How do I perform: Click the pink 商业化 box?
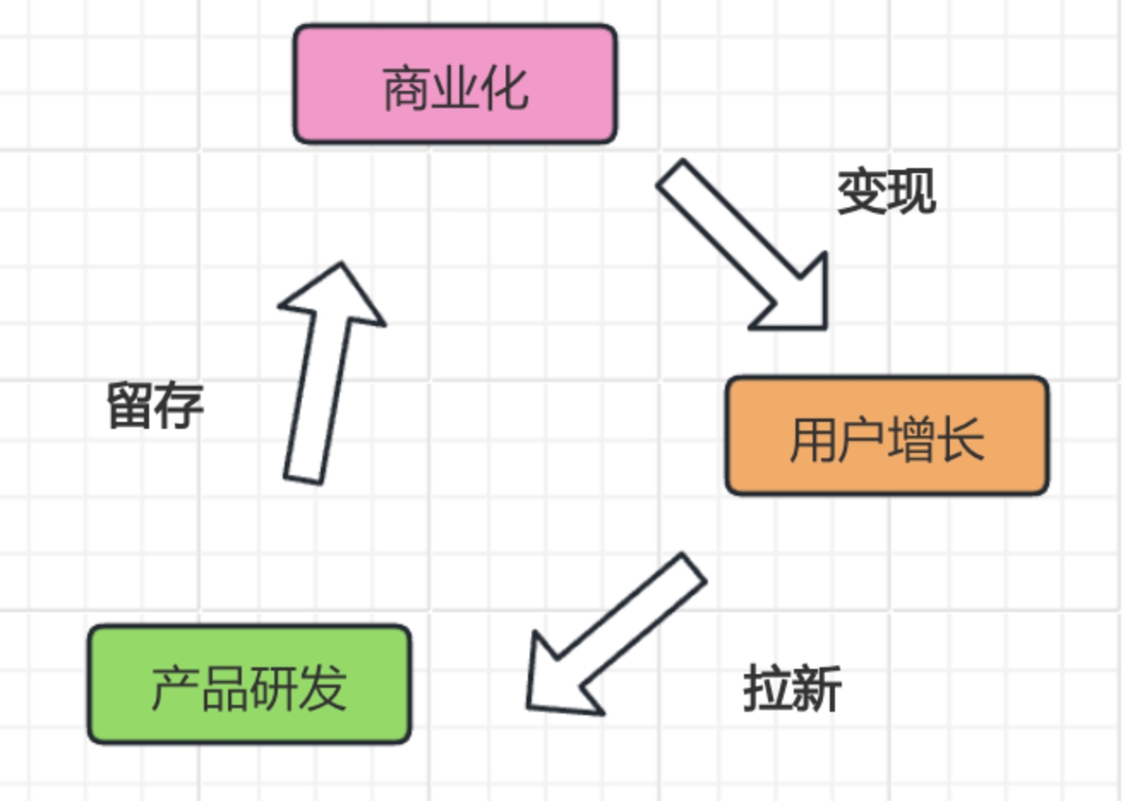(x=455, y=84)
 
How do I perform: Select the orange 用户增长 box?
(x=887, y=436)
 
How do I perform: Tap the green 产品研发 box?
(x=249, y=684)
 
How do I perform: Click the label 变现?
(x=886, y=190)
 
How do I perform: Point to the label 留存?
(x=155, y=405)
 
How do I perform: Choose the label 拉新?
(x=792, y=688)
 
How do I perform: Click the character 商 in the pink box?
(x=406, y=87)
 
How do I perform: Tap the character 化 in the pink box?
(x=505, y=87)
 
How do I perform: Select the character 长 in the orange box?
(x=961, y=439)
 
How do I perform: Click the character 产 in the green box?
(x=175, y=688)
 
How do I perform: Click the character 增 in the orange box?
(x=911, y=439)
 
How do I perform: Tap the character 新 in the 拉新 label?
(x=816, y=688)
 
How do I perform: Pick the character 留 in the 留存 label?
(x=130, y=405)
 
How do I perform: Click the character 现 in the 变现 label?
(x=911, y=190)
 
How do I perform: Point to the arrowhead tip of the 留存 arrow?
(x=340, y=266)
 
